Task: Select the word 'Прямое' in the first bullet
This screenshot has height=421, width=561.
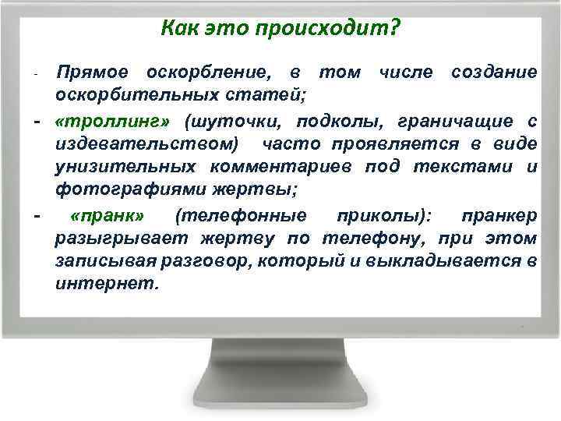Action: click(x=94, y=73)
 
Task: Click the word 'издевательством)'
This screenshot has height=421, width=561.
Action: click(x=148, y=144)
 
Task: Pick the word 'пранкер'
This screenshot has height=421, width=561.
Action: click(x=498, y=215)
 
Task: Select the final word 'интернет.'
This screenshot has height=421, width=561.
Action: click(x=107, y=284)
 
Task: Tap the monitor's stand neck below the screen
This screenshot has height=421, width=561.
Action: click(x=280, y=359)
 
